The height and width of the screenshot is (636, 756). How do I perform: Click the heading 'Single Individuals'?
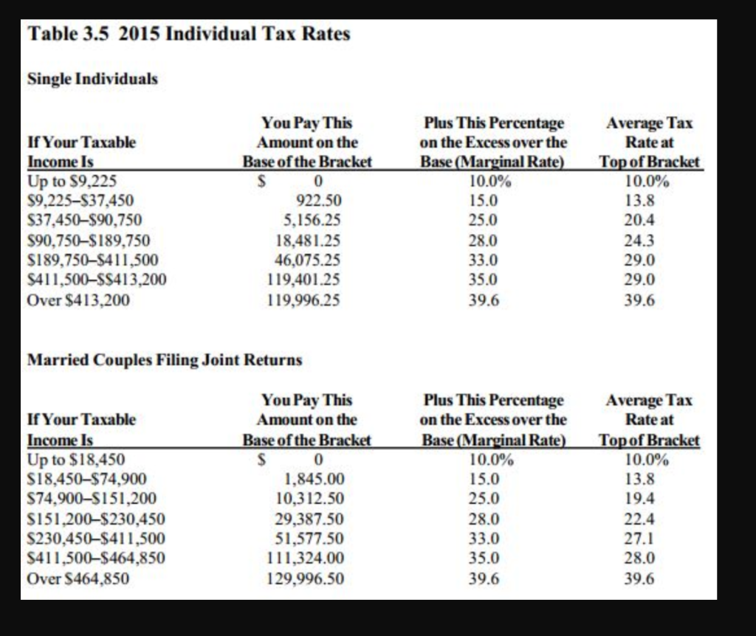click(92, 78)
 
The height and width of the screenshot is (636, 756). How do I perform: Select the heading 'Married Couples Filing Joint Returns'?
click(165, 360)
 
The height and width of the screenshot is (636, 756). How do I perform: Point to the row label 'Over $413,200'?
click(78, 300)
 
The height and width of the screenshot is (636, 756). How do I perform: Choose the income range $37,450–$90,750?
click(84, 220)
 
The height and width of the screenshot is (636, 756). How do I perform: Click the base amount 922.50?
click(319, 200)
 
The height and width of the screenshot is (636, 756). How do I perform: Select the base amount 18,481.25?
click(308, 240)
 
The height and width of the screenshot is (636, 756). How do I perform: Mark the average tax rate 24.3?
click(639, 240)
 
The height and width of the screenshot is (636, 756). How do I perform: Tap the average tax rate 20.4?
click(639, 220)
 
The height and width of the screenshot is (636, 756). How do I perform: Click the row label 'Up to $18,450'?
click(75, 459)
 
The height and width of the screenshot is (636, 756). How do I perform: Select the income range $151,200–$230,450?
click(96, 519)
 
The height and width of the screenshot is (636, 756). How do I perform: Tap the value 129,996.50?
click(305, 578)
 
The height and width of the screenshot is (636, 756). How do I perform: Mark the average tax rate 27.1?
click(639, 539)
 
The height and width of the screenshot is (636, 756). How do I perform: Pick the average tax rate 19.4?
click(639, 499)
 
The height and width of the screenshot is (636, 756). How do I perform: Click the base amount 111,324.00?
click(305, 559)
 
